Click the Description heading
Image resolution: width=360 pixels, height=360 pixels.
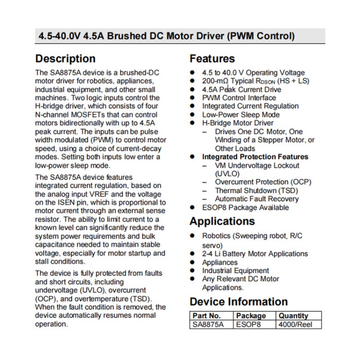pos(65,59)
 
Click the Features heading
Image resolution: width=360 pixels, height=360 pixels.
pos(212,59)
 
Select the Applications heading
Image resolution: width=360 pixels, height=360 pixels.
pos(222,221)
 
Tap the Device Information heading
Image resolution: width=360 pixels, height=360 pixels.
pos(239,302)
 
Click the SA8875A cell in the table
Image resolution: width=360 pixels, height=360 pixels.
pos(208,324)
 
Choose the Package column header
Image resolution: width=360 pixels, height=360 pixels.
pos(251,315)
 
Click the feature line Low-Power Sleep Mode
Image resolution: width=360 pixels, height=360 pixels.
pos(240,115)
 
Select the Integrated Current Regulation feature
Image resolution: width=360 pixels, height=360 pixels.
pos(250,106)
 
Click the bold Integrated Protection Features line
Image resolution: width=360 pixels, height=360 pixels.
pos(255,157)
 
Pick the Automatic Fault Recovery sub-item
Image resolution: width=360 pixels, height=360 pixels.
pos(257,199)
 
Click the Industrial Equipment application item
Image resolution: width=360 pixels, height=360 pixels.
pos(235,271)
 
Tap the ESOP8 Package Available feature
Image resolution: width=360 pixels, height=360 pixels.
pos(245,207)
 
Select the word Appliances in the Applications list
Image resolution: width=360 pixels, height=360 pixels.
pos(220,263)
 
